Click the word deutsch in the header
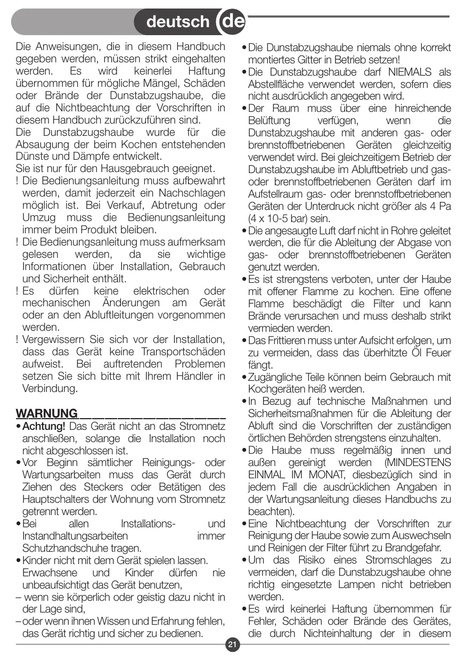pos(178,22)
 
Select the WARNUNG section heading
pos(47,413)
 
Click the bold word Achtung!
pos(44,426)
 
